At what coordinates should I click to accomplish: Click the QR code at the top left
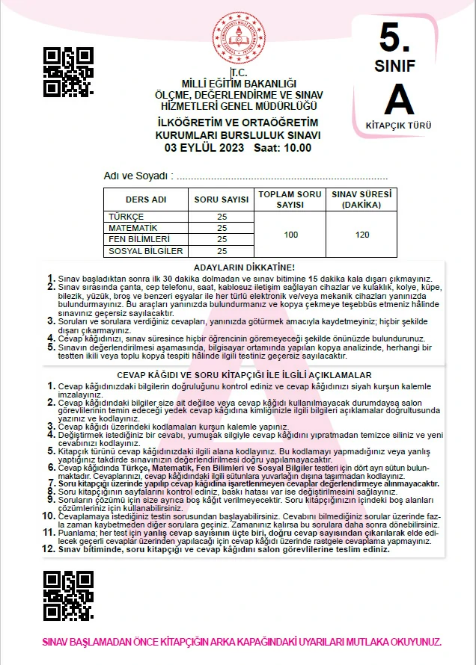pyautogui.click(x=68, y=72)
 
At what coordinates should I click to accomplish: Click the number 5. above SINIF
pyautogui.click(x=397, y=35)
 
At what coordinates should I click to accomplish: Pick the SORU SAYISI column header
pyautogui.click(x=221, y=200)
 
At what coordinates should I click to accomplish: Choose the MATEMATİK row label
pyautogui.click(x=132, y=227)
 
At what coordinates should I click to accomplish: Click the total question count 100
pyautogui.click(x=291, y=235)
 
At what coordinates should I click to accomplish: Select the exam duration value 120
pyautogui.click(x=362, y=235)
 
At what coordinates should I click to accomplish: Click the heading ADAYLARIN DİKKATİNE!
pyautogui.click(x=244, y=267)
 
